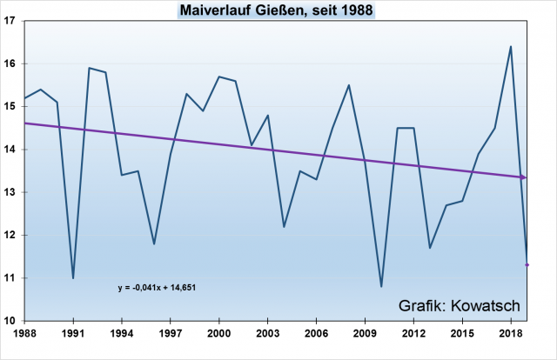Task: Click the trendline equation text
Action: click(x=158, y=286)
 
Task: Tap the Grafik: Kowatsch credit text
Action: click(x=459, y=305)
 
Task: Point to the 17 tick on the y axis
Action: click(x=10, y=21)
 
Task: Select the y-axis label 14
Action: click(x=10, y=150)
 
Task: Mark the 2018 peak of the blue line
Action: click(x=511, y=47)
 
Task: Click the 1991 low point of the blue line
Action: click(x=73, y=278)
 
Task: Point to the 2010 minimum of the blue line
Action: click(x=381, y=287)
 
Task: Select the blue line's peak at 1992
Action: click(x=89, y=68)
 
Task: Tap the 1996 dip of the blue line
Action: click(x=154, y=243)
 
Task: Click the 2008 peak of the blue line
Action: click(x=348, y=85)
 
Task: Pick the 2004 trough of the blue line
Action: click(x=284, y=227)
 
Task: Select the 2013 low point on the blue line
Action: click(x=430, y=248)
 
